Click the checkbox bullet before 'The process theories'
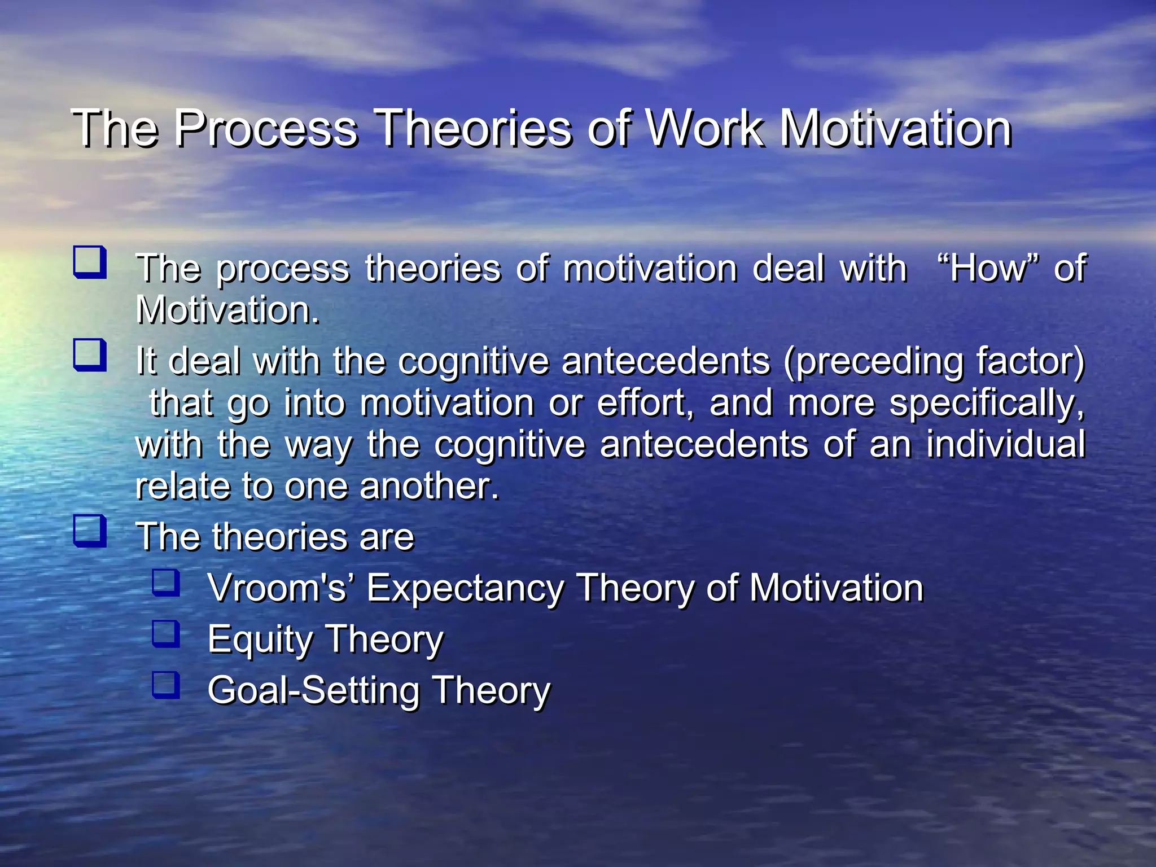[90, 262]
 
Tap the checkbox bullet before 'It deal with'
[90, 355]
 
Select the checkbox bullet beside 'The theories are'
[90, 531]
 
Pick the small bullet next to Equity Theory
[166, 634]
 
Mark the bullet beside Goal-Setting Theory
[166, 685]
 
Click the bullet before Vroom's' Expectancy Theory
[166, 583]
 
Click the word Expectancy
[465, 589]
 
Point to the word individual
[1005, 444]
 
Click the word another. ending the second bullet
[429, 486]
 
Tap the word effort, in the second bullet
[645, 403]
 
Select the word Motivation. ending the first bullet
[227, 310]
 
